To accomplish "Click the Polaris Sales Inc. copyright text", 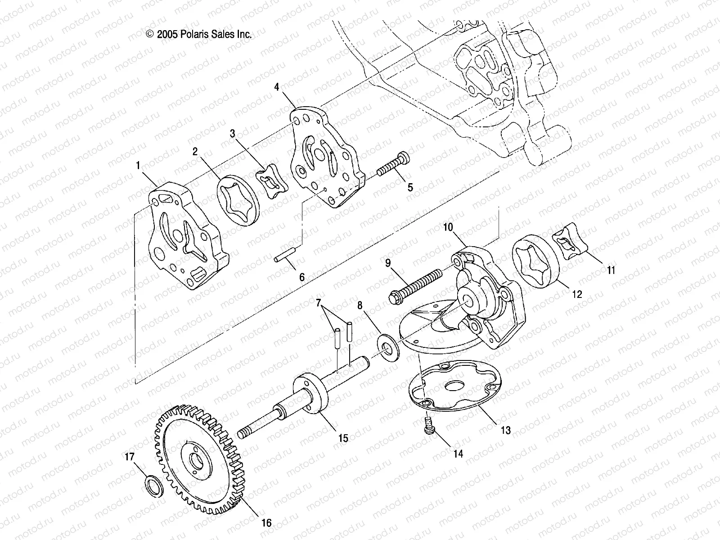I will tap(198, 34).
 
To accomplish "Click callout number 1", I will tap(138, 166).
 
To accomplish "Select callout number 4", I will tap(277, 86).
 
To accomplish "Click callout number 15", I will tap(343, 437).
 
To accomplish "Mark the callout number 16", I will tap(266, 522).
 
